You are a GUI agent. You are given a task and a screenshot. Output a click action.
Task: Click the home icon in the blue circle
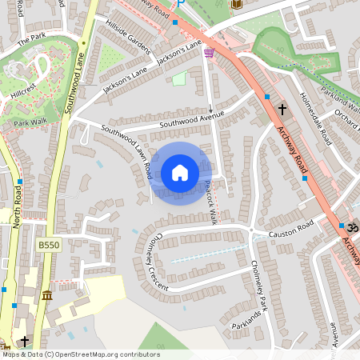coord(180,172)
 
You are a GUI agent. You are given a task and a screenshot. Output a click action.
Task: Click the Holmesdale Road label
coord(314,118)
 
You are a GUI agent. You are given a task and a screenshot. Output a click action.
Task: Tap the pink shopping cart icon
coord(210,53)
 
